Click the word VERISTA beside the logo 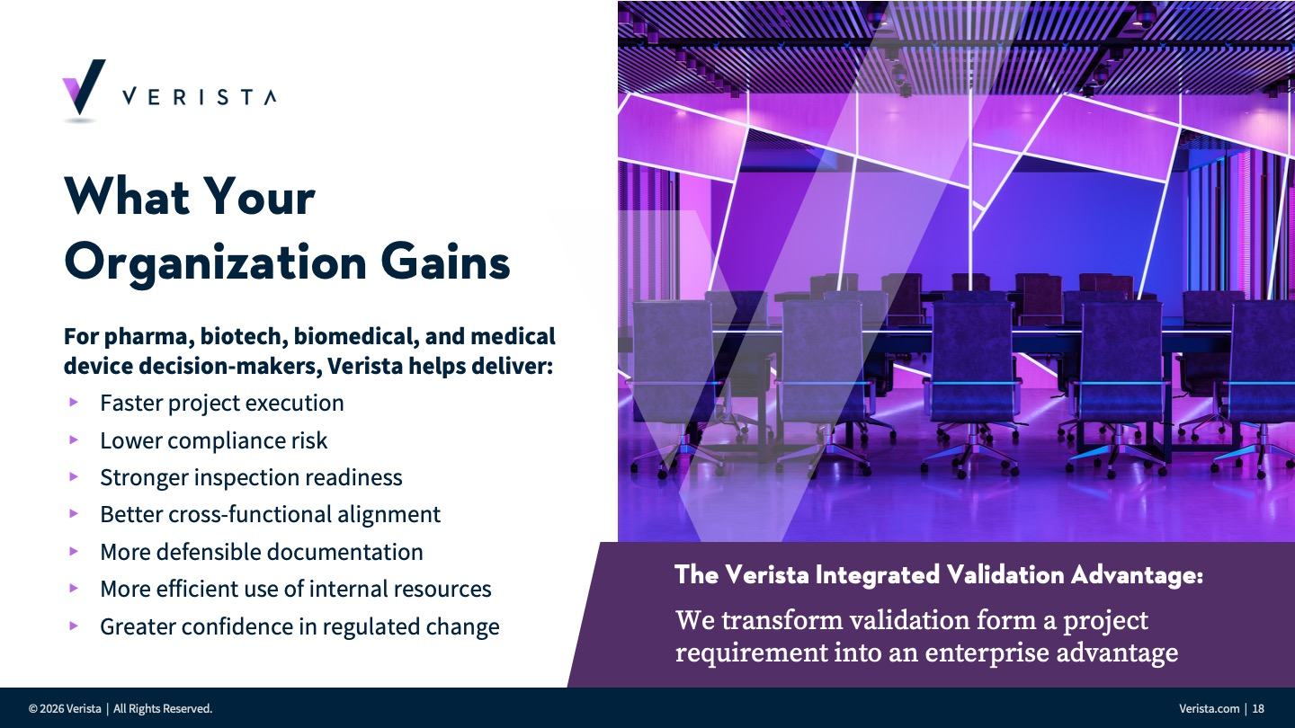200,96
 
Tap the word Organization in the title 215,262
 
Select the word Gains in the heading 445,262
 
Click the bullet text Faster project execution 222,404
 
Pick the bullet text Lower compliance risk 214,440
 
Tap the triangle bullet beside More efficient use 74,589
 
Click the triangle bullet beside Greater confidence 74,626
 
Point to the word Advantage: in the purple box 1137,575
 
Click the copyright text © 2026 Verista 65,709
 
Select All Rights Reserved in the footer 163,709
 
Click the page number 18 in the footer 1258,709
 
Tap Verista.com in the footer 1210,709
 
